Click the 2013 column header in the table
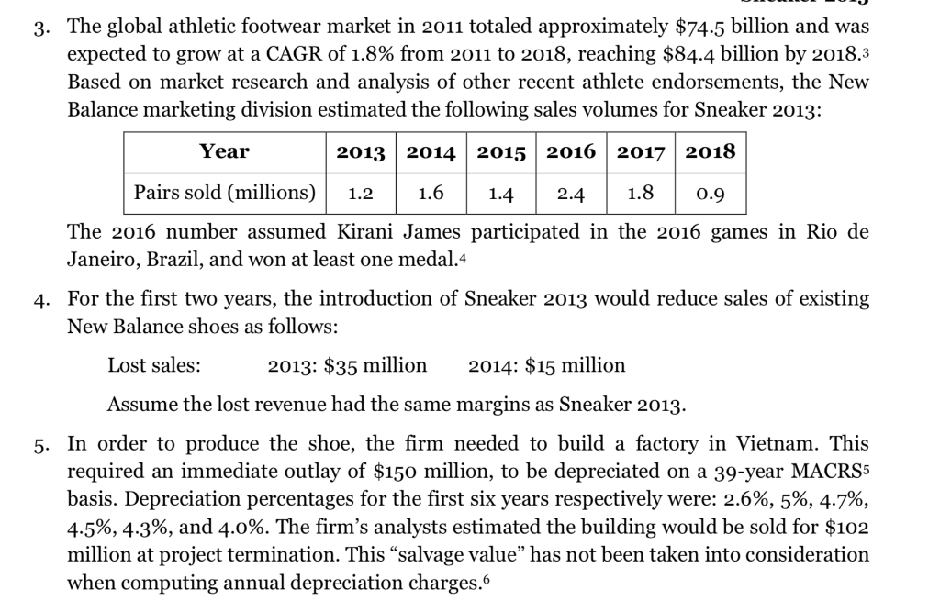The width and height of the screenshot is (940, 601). click(x=361, y=151)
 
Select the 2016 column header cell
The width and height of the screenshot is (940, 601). click(x=570, y=151)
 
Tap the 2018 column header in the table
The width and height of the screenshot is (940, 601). click(x=711, y=151)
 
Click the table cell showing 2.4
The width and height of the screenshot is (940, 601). click(x=570, y=194)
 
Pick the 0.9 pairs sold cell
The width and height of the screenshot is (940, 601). click(x=711, y=194)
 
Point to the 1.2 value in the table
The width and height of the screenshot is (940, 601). click(x=361, y=194)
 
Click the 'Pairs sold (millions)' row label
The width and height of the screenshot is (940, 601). click(x=225, y=194)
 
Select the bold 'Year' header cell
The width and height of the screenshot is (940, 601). click(x=225, y=151)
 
